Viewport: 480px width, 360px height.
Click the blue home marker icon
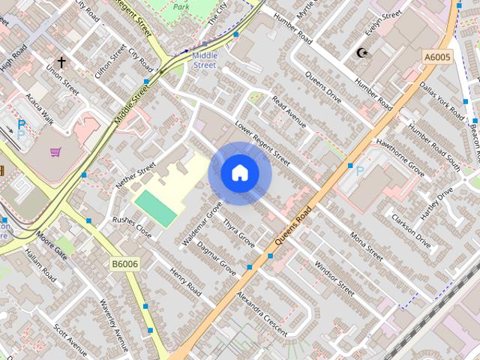tap(239, 173)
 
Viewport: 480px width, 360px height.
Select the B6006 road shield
tap(124, 263)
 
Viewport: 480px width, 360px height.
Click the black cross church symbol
tap(61, 62)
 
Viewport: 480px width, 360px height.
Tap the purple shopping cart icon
tap(55, 152)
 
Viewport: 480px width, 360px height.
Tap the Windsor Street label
tap(334, 277)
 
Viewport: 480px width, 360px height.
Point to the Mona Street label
tap(366, 245)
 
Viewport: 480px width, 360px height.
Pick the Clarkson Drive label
tap(412, 231)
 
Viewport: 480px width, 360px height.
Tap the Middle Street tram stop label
tap(204, 60)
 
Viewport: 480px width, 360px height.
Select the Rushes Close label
tap(132, 227)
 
